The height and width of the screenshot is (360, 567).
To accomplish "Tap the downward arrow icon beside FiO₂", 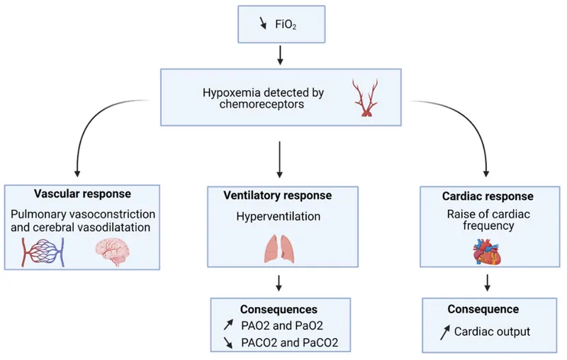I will pyautogui.click(x=265, y=23).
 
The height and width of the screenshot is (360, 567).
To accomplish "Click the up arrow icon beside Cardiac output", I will pyautogui.click(x=444, y=330).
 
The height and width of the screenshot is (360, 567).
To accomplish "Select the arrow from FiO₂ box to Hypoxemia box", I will pyautogui.click(x=281, y=55).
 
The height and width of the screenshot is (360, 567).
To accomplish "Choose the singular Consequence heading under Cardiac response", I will pyautogui.click(x=483, y=310).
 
